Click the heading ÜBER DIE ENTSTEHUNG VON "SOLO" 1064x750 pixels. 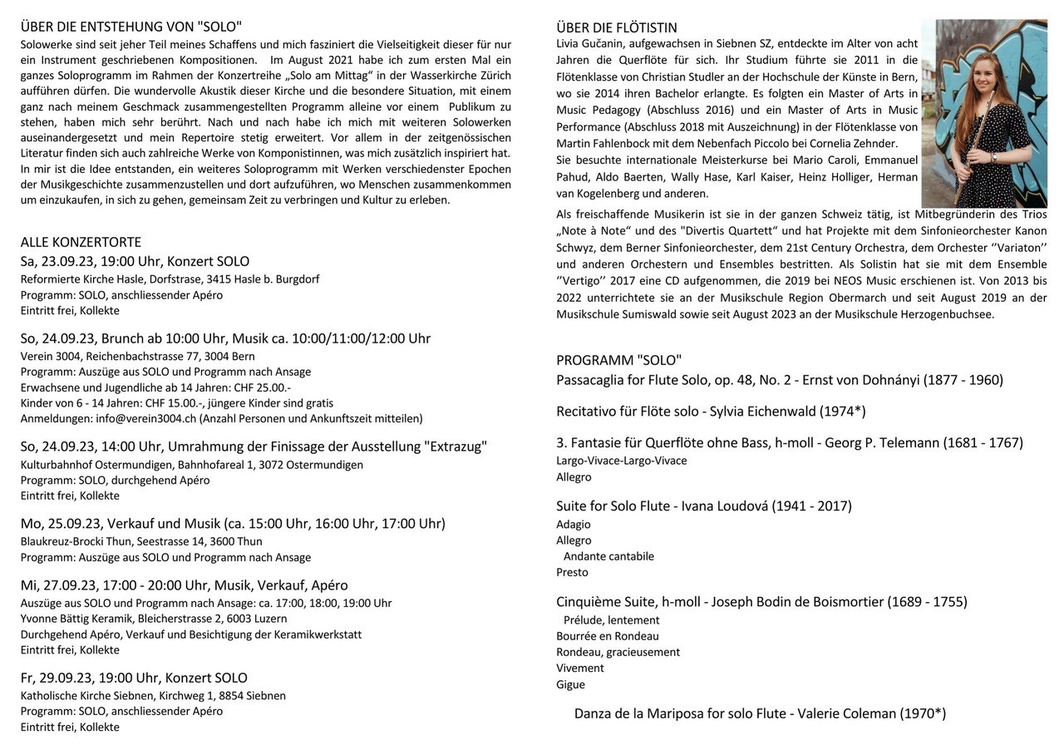click(x=131, y=27)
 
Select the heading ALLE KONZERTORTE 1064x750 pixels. click(x=81, y=242)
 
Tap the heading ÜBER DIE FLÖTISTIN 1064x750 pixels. click(x=617, y=27)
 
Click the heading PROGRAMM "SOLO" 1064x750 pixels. click(x=618, y=360)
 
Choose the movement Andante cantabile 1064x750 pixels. click(x=608, y=556)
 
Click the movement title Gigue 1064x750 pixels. click(x=570, y=684)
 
